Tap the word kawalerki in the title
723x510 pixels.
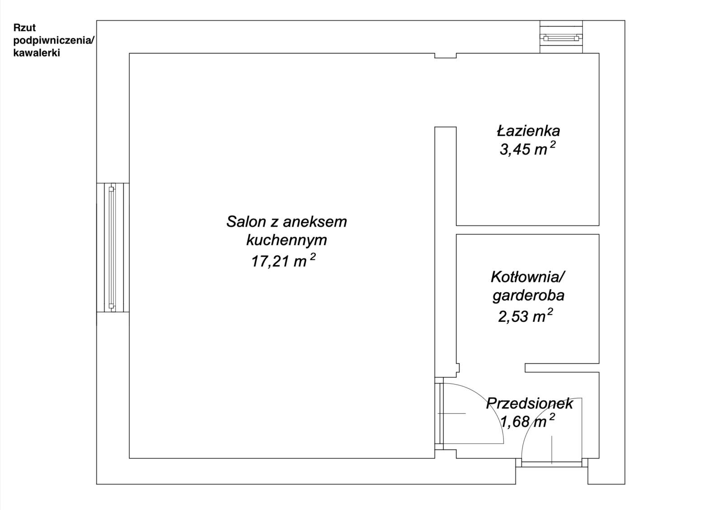click(37, 53)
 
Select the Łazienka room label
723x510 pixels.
click(528, 131)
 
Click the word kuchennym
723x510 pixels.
click(286, 240)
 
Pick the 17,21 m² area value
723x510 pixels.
click(283, 260)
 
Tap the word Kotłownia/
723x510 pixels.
click(528, 277)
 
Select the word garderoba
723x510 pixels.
click(528, 296)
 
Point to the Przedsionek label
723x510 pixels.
click(530, 403)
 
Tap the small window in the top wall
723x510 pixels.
click(561, 38)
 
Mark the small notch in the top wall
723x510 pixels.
click(446, 56)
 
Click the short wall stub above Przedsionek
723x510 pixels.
click(562, 368)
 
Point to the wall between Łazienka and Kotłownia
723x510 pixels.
click(528, 230)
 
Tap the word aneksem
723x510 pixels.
click(315, 222)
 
